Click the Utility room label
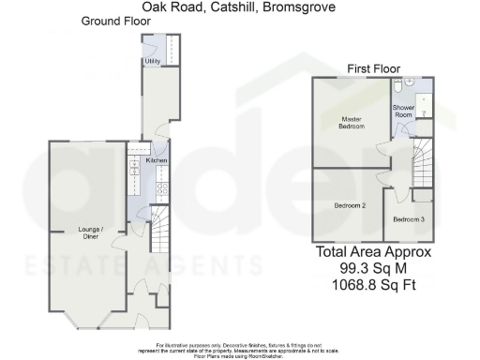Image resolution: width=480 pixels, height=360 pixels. pyautogui.click(x=151, y=61)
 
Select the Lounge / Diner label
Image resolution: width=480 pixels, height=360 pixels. pyautogui.click(x=90, y=232)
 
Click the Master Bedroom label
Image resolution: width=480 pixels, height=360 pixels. pyautogui.click(x=351, y=122)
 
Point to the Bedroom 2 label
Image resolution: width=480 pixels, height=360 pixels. pyautogui.click(x=350, y=204)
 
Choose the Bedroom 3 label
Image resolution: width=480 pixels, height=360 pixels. pyautogui.click(x=408, y=219)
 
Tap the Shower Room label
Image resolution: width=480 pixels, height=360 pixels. pyautogui.click(x=404, y=110)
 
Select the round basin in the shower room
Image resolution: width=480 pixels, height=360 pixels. pyautogui.click(x=421, y=82)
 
